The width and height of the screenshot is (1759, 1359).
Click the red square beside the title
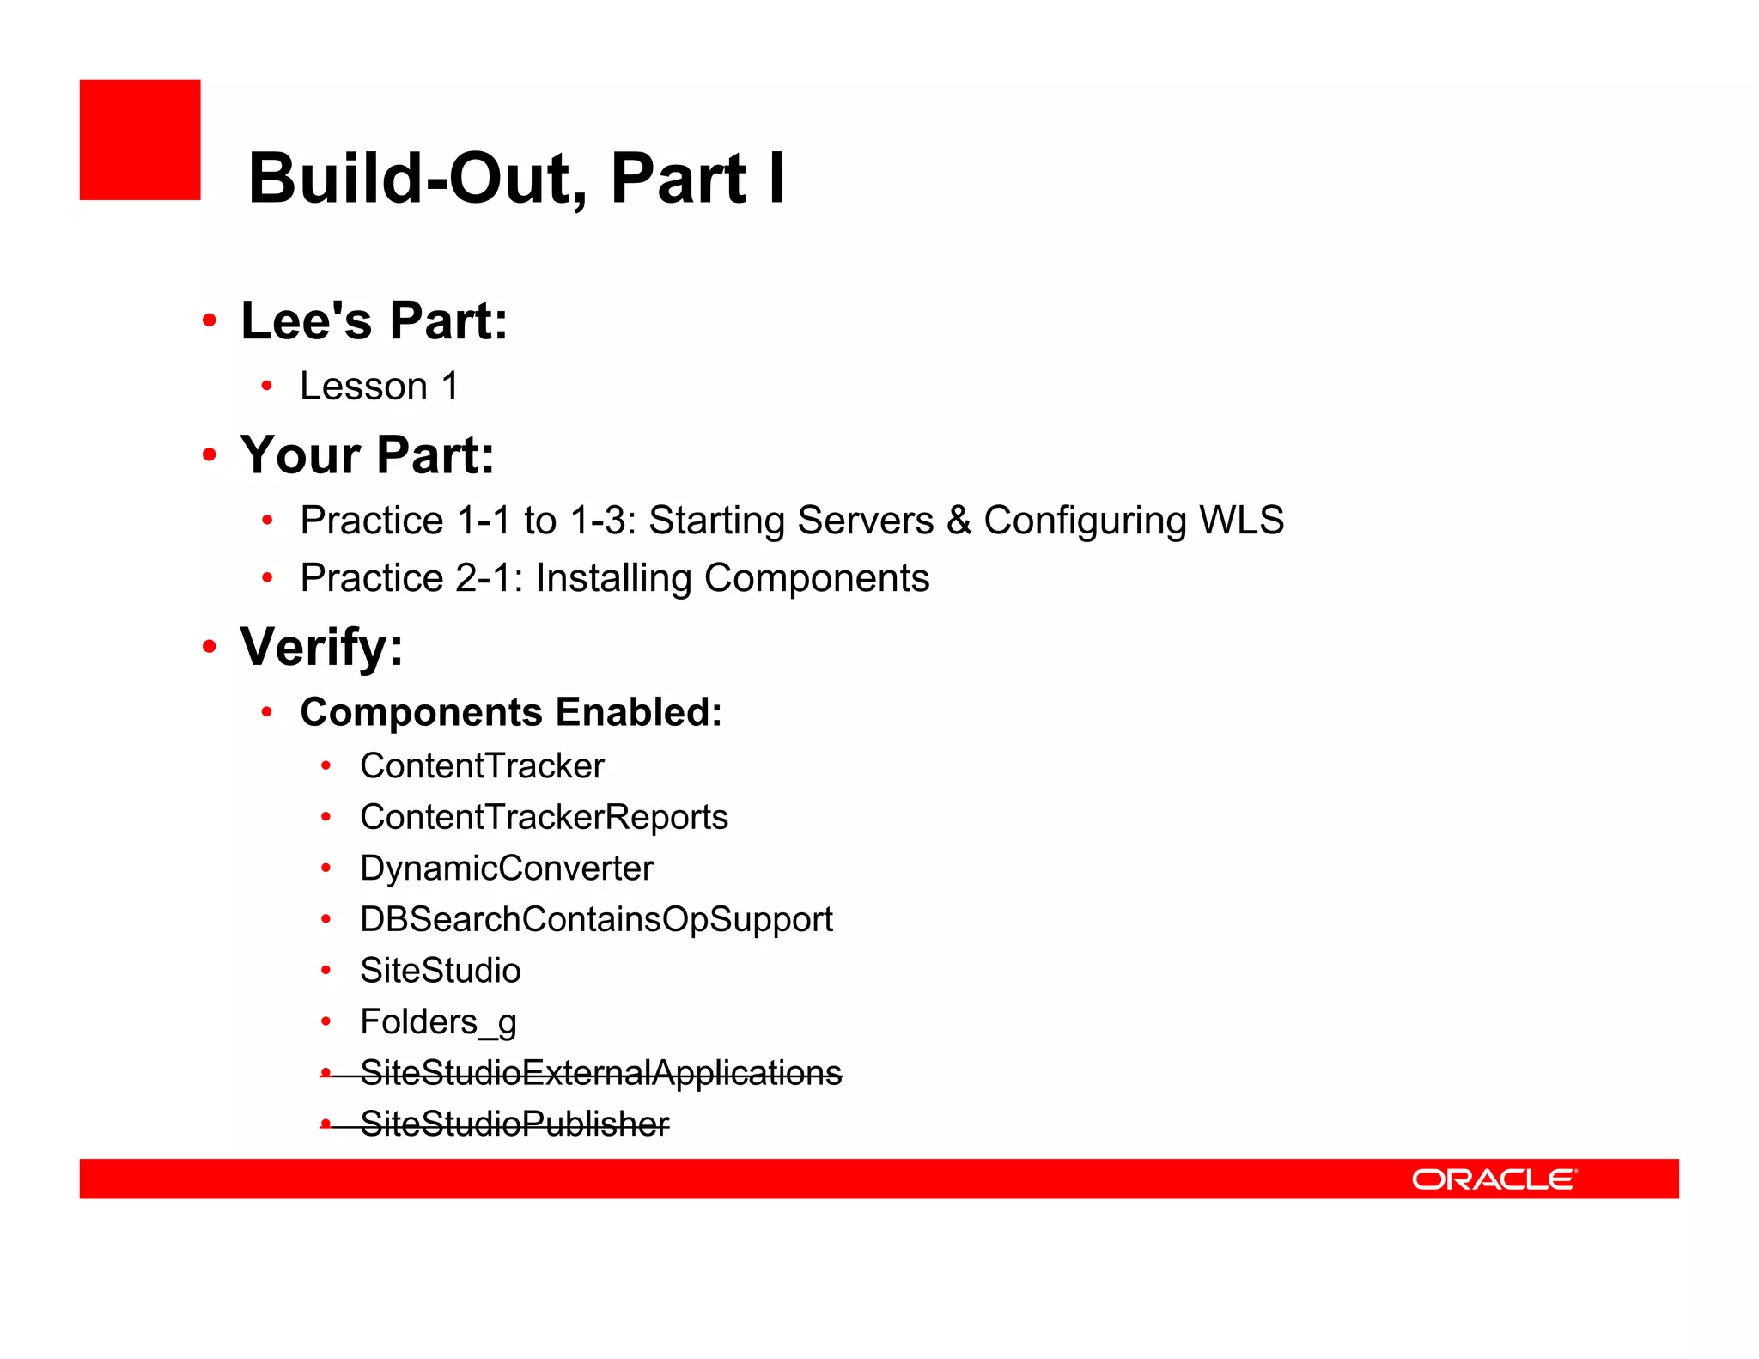[140, 140]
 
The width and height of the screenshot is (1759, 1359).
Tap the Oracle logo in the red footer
[1494, 1179]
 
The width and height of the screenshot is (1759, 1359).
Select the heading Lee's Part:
[374, 321]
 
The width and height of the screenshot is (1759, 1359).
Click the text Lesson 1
[379, 387]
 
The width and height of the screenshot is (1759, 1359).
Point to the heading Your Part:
[367, 454]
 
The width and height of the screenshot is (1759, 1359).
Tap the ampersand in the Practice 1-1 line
[959, 521]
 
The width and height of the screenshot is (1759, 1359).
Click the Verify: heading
[321, 647]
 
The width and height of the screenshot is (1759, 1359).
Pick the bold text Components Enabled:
[510, 712]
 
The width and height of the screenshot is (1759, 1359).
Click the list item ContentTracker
[482, 766]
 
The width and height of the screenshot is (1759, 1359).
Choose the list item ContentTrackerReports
[544, 817]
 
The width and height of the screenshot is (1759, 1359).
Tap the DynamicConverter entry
[506, 868]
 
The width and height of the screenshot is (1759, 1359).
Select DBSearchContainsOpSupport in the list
[596, 919]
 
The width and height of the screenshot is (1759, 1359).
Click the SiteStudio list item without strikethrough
[440, 971]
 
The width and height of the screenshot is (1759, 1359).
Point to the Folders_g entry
[438, 1022]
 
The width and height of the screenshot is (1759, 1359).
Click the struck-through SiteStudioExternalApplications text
[600, 1073]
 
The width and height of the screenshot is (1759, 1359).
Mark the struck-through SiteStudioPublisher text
[514, 1124]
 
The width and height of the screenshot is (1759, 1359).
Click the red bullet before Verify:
[210, 647]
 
